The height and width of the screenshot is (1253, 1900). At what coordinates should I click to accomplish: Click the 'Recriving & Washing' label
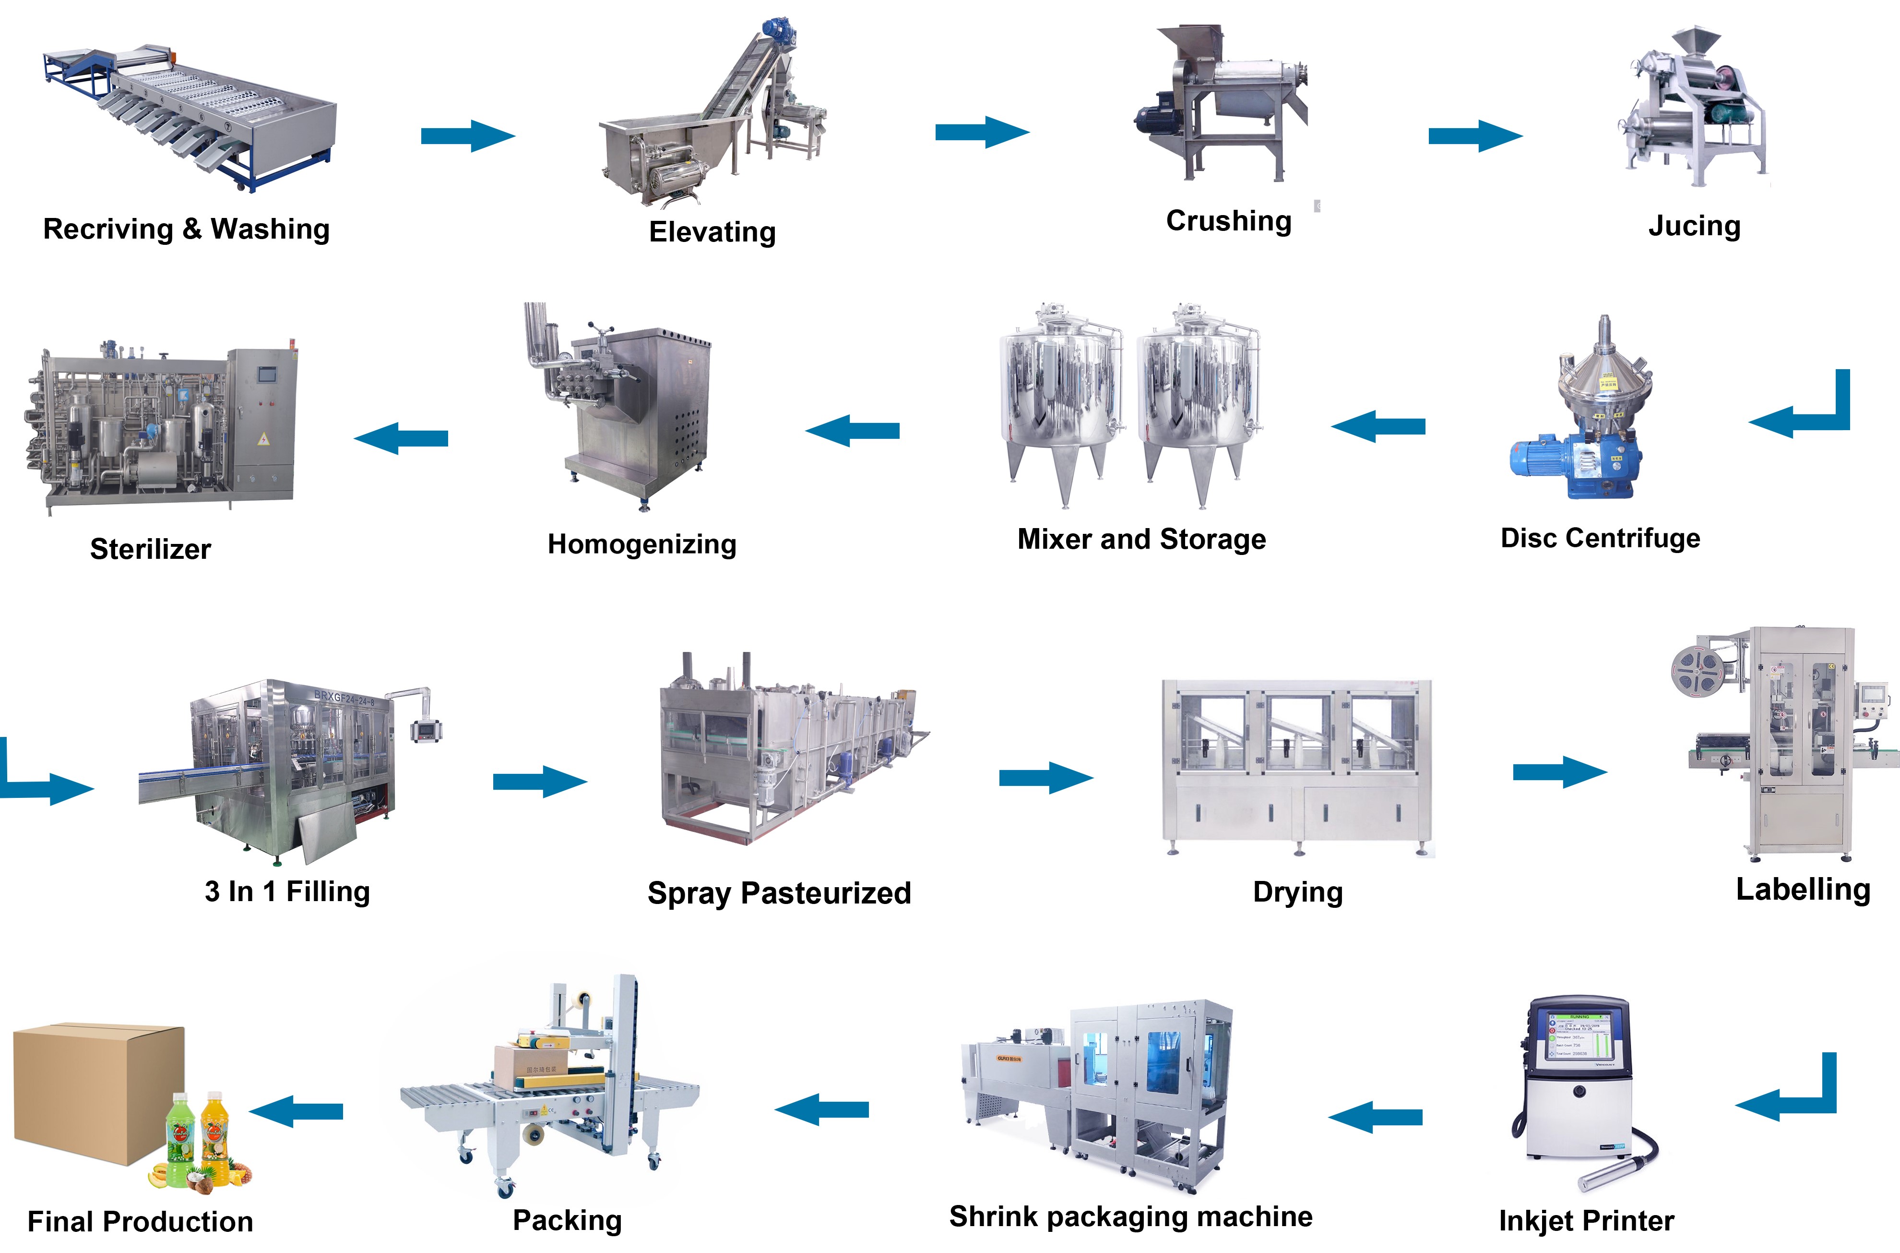point(186,229)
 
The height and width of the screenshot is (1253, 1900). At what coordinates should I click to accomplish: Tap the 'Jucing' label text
point(1694,226)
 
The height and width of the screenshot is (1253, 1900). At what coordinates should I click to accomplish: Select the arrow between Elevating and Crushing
point(982,132)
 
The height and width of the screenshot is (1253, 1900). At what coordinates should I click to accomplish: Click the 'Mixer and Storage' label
point(1141,540)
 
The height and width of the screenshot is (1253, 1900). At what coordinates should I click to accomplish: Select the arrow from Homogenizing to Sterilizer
point(401,438)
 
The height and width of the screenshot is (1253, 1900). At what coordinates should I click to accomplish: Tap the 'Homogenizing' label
point(641,544)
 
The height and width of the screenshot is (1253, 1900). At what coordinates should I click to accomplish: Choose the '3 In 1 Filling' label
point(287,891)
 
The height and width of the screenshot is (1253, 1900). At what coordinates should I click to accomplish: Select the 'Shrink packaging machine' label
point(1130,1216)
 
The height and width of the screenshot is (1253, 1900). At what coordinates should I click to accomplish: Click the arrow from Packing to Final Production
point(297,1111)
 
